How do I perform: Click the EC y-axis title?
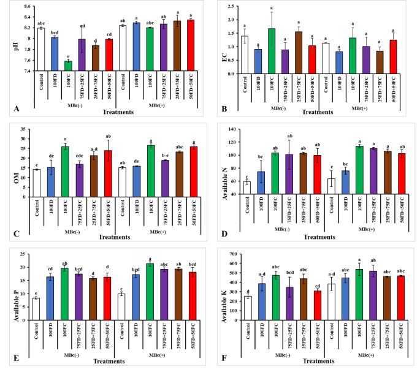pyautogui.click(x=223, y=39)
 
